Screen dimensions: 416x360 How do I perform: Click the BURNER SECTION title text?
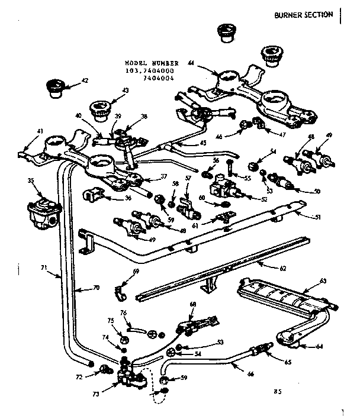point(304,15)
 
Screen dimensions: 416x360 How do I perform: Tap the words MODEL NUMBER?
point(147,62)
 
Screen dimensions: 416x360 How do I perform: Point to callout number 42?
point(84,81)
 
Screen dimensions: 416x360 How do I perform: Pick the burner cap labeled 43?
point(98,110)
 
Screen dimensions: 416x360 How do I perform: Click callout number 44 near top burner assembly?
point(191,63)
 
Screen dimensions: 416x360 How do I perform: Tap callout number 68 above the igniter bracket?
point(192,304)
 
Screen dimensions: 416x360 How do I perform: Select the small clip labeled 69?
point(120,291)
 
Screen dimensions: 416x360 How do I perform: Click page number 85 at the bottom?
point(278,391)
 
